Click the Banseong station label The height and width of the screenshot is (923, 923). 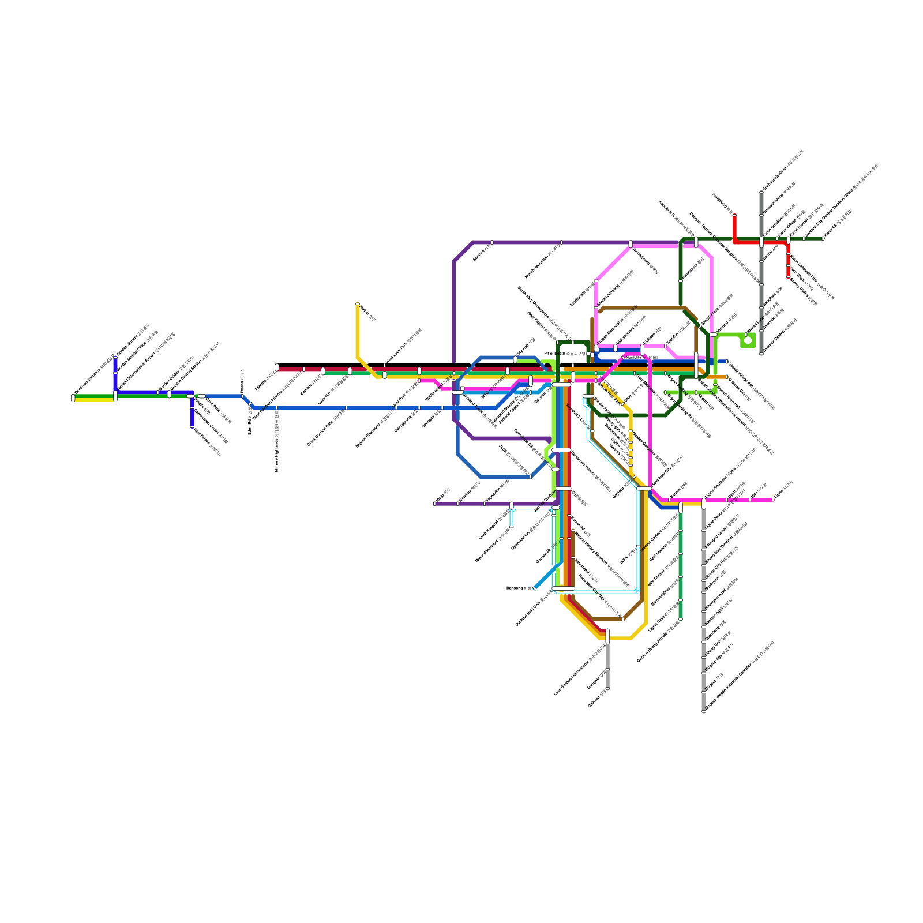[518, 588]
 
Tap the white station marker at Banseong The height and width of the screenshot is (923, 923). [535, 588]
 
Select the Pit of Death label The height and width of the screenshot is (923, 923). [565, 354]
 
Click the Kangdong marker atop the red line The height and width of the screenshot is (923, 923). [734, 216]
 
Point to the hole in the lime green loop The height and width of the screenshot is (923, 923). [748, 340]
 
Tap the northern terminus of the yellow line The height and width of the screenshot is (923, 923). [358, 303]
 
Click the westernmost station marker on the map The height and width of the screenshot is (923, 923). [73, 397]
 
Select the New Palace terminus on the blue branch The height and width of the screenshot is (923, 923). [192, 427]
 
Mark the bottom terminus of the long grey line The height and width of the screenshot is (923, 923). [704, 711]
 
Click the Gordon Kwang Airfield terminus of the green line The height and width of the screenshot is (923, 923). [681, 619]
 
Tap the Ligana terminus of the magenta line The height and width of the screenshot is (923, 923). [773, 500]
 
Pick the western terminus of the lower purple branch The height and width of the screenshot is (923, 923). [434, 504]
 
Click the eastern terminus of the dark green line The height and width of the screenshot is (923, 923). [823, 238]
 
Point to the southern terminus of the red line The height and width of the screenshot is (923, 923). [789, 277]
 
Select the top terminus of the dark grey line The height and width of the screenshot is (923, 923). [761, 192]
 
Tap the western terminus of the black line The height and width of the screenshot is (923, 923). [277, 366]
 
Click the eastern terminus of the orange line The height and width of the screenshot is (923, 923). [727, 377]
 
